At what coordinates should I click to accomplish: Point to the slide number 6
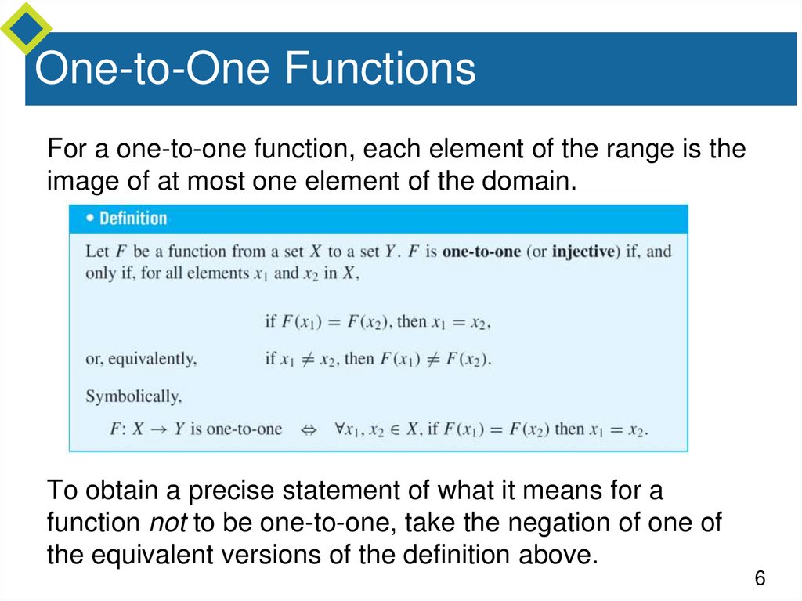(x=759, y=579)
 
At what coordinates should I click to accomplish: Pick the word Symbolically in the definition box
(x=132, y=396)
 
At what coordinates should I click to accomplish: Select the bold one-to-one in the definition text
(x=481, y=252)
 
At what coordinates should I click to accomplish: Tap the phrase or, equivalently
(x=140, y=359)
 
